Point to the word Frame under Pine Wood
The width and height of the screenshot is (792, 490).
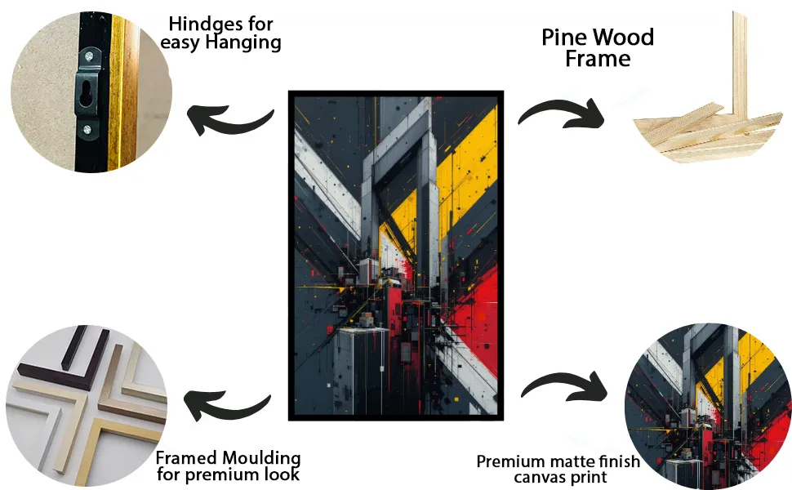(x=598, y=59)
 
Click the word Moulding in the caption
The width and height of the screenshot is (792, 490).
(x=263, y=458)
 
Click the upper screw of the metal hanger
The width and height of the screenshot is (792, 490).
(x=89, y=56)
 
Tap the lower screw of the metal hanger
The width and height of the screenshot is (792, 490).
(x=87, y=131)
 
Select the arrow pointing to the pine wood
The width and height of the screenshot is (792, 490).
(x=561, y=107)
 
